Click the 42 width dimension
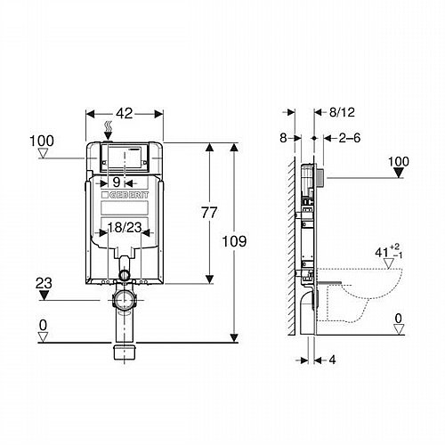(x=125, y=113)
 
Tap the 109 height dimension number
(x=234, y=241)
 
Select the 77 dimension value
(x=209, y=213)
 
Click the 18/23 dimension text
(x=125, y=228)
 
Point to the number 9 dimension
(x=117, y=182)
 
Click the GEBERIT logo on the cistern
(x=125, y=195)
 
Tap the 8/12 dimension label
(x=342, y=112)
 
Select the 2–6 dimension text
(x=350, y=138)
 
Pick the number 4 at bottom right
(x=332, y=360)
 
